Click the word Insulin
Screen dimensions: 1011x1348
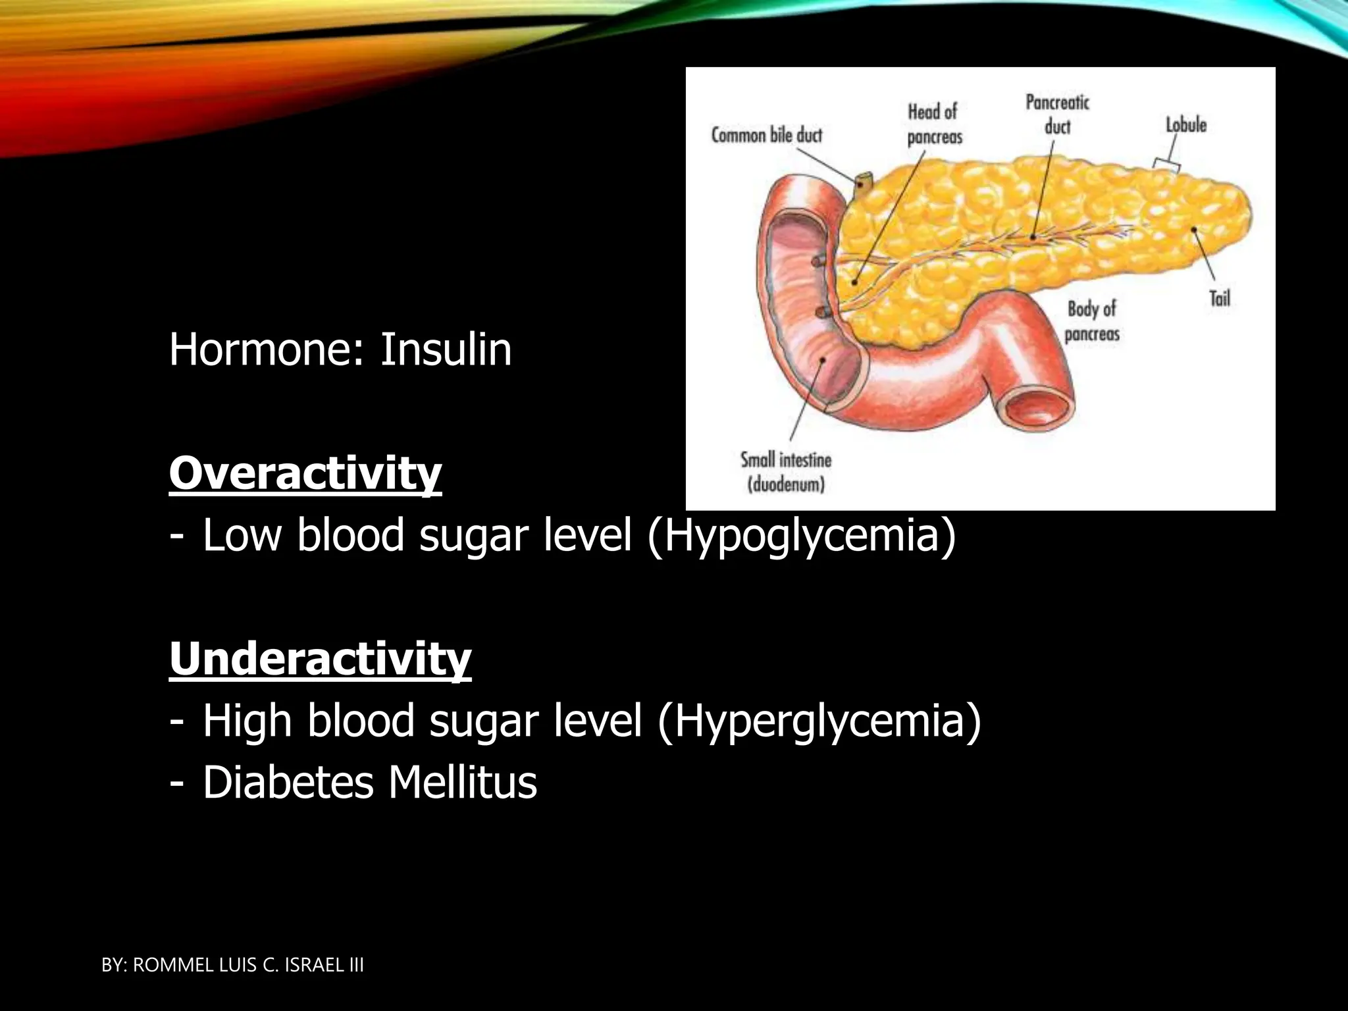446,350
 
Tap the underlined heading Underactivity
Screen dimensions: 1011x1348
321,658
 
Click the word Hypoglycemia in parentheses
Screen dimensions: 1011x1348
801,535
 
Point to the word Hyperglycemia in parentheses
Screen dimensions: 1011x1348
819,721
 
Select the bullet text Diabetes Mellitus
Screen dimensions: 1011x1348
369,783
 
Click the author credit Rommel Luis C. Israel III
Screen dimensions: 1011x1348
233,966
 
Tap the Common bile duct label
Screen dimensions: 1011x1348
767,136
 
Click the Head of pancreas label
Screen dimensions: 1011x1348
934,124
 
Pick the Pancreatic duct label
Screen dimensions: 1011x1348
1057,114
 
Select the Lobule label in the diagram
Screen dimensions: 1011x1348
1186,125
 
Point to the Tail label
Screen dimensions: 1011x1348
1220,299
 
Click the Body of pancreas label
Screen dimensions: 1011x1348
1092,321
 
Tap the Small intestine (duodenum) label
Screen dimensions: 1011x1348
786,472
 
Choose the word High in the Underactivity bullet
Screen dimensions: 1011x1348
247,721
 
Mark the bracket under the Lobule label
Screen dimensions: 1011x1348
1166,165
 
